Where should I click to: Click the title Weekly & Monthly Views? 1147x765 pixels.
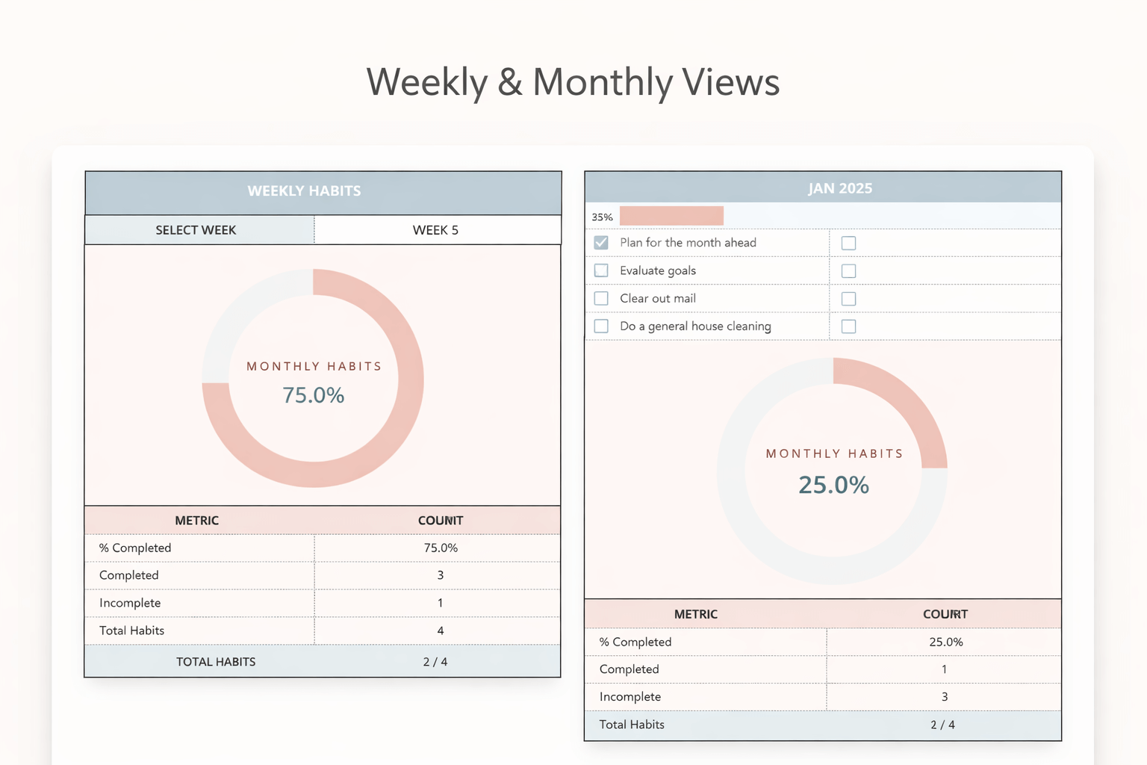pyautogui.click(x=573, y=82)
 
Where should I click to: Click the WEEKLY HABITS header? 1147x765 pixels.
pyautogui.click(x=304, y=191)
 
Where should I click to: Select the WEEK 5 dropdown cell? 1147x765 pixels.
pyautogui.click(x=436, y=230)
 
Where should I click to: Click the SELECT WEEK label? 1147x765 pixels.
pyautogui.click(x=196, y=230)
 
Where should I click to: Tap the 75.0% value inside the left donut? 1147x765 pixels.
pyautogui.click(x=314, y=395)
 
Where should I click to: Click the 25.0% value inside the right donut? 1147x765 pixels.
pyautogui.click(x=833, y=485)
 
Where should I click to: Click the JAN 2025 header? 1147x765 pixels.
pyautogui.click(x=839, y=188)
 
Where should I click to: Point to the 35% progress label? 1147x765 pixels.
pyautogui.click(x=602, y=217)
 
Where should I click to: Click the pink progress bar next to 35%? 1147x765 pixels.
pyautogui.click(x=671, y=216)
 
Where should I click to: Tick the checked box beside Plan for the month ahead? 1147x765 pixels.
pyautogui.click(x=601, y=243)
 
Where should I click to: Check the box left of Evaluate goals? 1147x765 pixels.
pyautogui.click(x=601, y=270)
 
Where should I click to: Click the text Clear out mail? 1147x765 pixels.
pyautogui.click(x=657, y=298)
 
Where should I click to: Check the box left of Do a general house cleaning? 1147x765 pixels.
pyautogui.click(x=601, y=326)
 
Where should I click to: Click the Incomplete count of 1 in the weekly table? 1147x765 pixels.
pyautogui.click(x=440, y=603)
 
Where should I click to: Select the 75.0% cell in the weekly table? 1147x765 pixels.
pyautogui.click(x=441, y=548)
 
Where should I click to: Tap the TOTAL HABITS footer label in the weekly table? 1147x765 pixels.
pyautogui.click(x=216, y=662)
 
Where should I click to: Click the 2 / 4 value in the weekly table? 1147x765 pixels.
pyautogui.click(x=435, y=662)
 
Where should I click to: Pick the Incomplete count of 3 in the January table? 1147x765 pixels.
pyautogui.click(x=944, y=697)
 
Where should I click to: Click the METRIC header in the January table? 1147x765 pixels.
pyautogui.click(x=695, y=614)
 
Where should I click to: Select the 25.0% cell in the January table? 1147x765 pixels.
pyautogui.click(x=945, y=642)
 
